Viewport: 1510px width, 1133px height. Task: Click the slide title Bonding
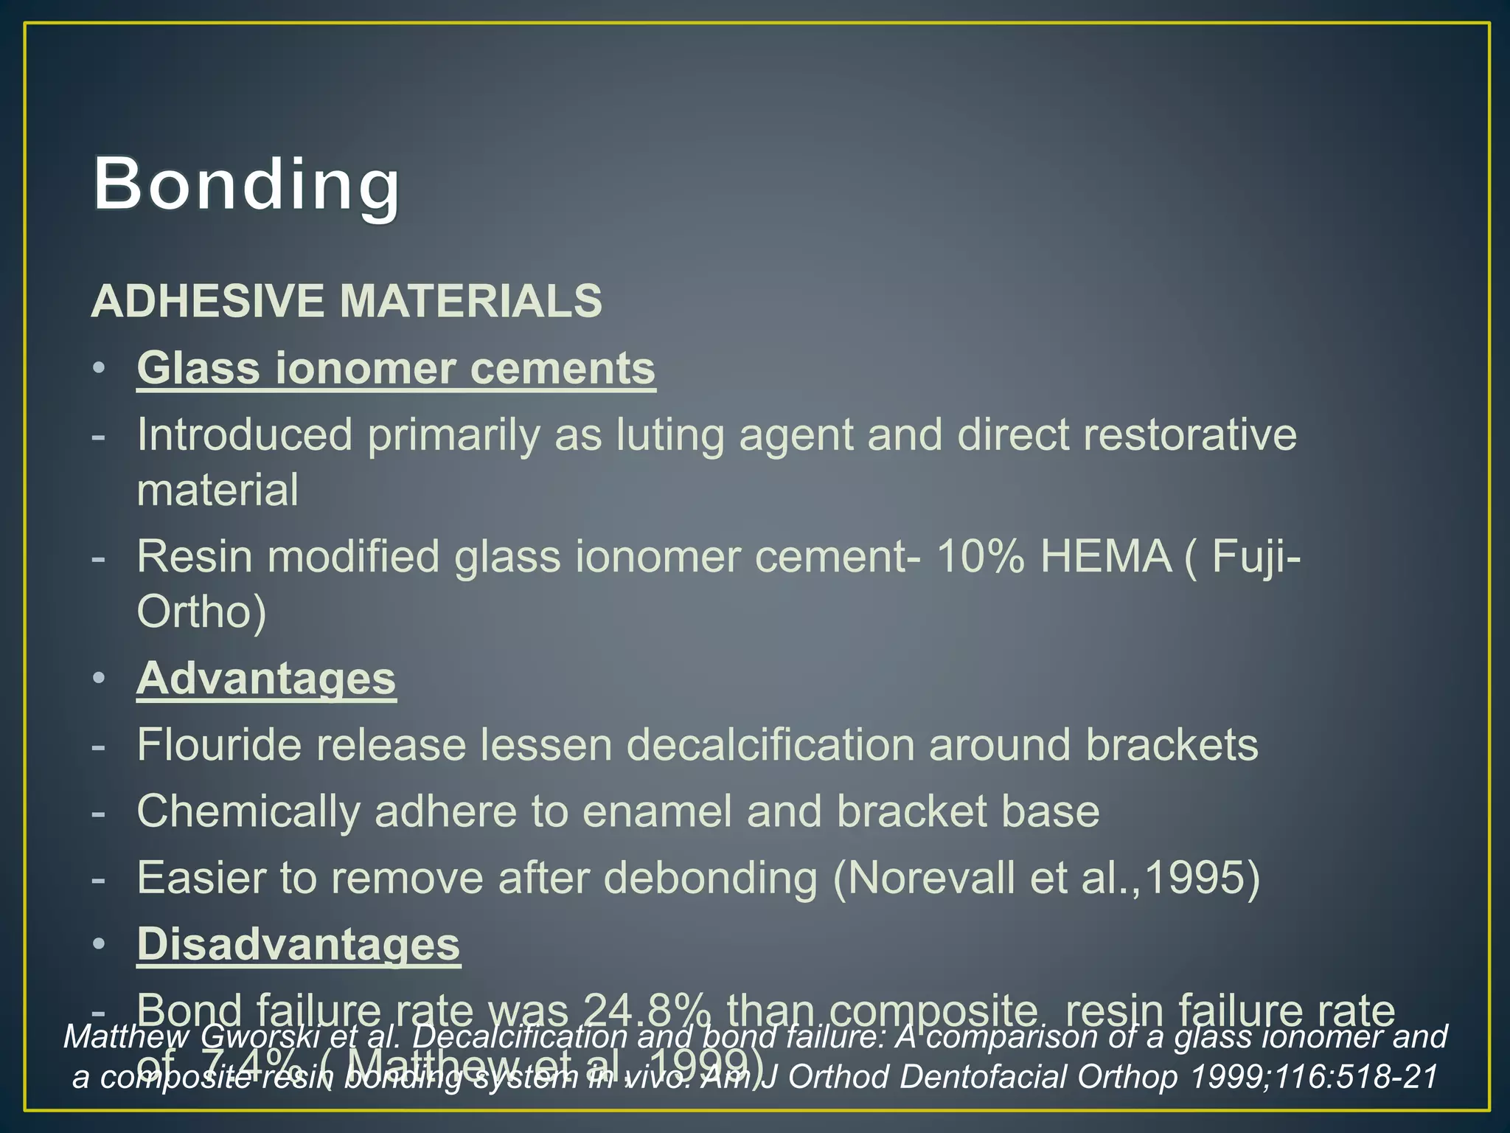coord(246,184)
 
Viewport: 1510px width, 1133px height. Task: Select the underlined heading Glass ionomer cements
coord(396,368)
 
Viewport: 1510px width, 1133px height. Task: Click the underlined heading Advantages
coord(266,678)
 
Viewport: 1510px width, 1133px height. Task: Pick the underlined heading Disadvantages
coord(299,944)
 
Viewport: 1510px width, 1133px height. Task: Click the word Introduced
coord(245,434)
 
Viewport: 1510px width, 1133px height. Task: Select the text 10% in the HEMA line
coord(980,556)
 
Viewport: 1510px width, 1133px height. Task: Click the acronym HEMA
coord(1105,556)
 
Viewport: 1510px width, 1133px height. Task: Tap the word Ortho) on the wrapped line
coord(201,611)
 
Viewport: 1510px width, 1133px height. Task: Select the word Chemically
coord(248,811)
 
